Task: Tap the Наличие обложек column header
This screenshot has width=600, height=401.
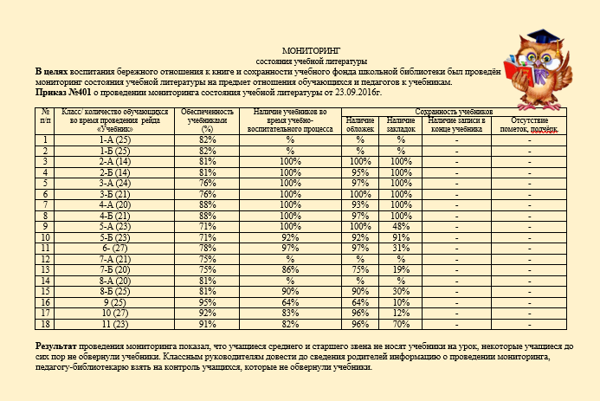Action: (x=360, y=124)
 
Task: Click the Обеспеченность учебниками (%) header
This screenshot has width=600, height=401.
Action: (x=207, y=120)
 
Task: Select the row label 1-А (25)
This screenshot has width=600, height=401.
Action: (x=114, y=139)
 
